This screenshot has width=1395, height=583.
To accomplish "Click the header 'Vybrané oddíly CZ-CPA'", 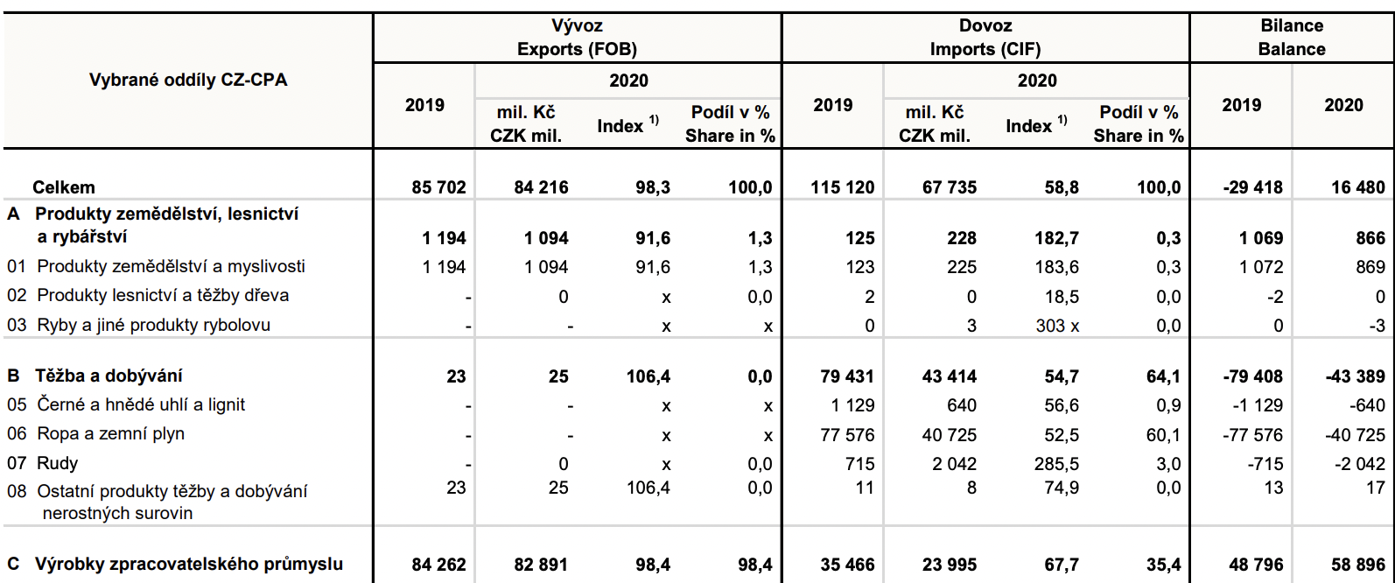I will point(188,81).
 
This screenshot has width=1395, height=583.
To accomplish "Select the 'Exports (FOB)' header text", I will point(577,49).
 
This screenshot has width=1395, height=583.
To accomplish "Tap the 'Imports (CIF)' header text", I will point(985,49).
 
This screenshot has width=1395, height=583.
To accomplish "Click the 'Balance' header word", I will point(1292,49).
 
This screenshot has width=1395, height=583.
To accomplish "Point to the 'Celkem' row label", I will point(64,187).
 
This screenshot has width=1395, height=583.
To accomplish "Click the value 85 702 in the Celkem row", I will point(438,187).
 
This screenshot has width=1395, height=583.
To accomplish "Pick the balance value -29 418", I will point(1252,187).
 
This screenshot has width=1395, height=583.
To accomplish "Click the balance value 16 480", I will point(1358,187).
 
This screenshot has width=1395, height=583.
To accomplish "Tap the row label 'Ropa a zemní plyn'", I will point(110,434).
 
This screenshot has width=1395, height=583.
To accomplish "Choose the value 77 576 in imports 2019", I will point(847,435).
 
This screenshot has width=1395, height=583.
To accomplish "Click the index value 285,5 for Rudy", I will point(1056,464).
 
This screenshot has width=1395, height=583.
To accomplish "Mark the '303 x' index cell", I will point(1057,326).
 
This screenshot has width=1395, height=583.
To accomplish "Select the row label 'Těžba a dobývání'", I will point(109,376).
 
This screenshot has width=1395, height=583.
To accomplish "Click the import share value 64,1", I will point(1163,376).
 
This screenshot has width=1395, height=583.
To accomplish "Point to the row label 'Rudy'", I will point(58,463).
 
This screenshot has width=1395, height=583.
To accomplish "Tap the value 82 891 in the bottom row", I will point(541,565).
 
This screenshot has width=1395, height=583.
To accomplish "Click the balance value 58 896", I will point(1358,565).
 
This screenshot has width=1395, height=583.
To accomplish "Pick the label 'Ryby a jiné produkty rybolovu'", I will point(153,325).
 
